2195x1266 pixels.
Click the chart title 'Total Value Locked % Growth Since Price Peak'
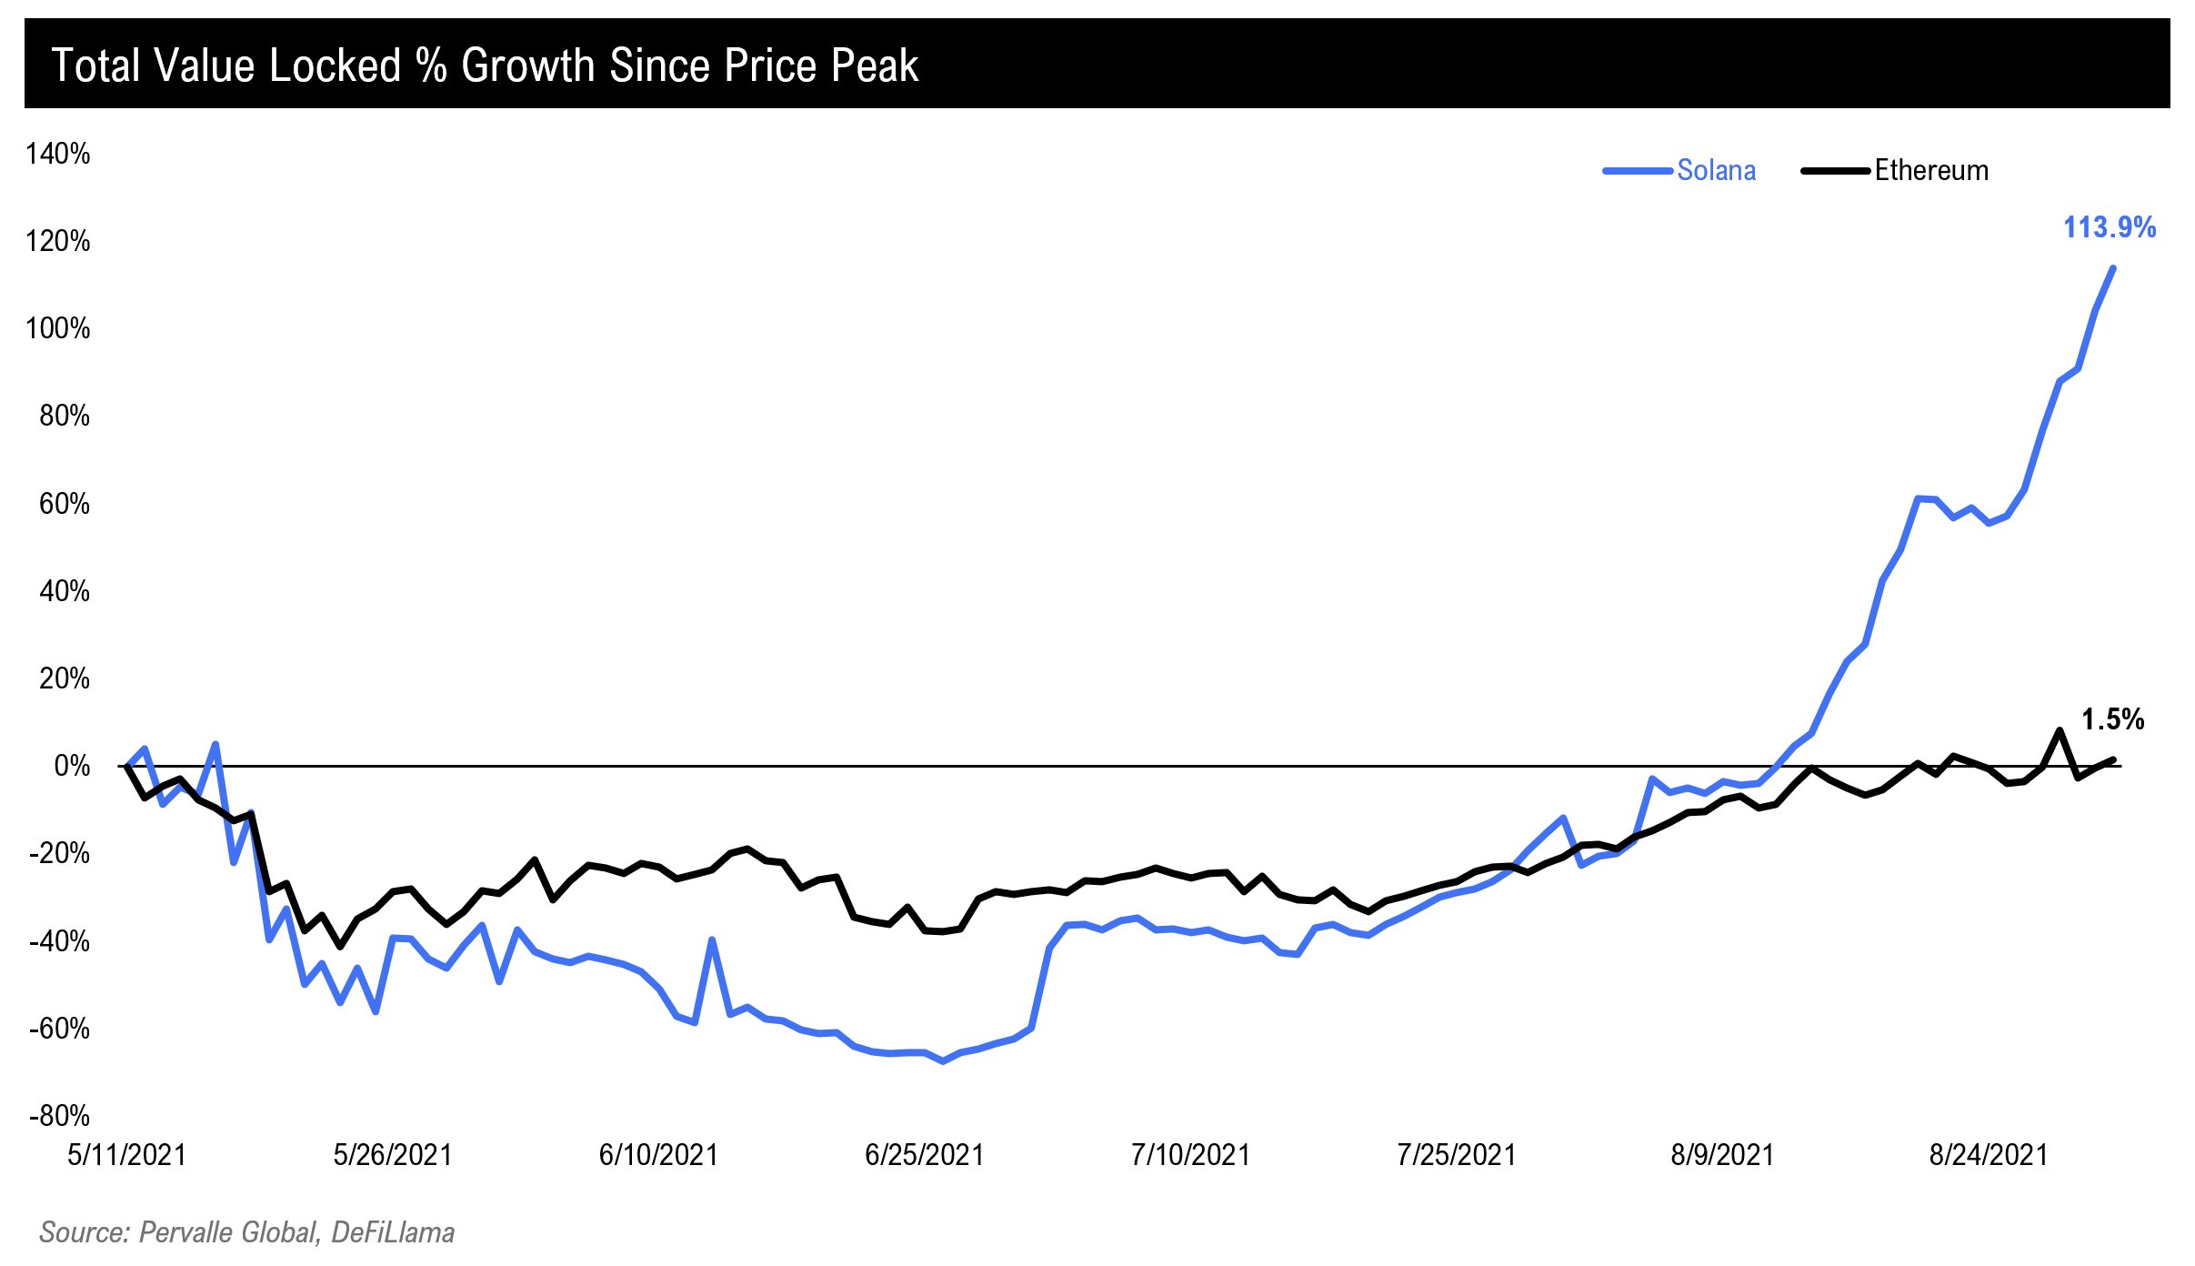pyautogui.click(x=485, y=65)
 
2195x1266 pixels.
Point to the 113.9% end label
pyautogui.click(x=2109, y=227)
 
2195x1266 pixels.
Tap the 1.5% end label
pyautogui.click(x=2112, y=719)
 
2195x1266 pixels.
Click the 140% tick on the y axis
pyautogui.click(x=58, y=154)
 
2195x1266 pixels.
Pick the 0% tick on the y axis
pyautogui.click(x=72, y=766)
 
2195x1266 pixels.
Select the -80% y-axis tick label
pyautogui.click(x=60, y=1116)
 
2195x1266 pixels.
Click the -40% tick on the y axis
pyautogui.click(x=60, y=941)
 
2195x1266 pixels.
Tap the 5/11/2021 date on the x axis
pyautogui.click(x=126, y=1155)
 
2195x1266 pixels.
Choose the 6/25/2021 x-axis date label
pyautogui.click(x=924, y=1155)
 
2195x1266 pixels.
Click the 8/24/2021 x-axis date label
pyautogui.click(x=1989, y=1155)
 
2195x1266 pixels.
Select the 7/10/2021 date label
pyautogui.click(x=1190, y=1155)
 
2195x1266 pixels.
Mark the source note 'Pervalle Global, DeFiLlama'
pyautogui.click(x=246, y=1232)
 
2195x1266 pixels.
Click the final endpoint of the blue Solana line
pyautogui.click(x=2112, y=268)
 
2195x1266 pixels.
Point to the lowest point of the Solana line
pyautogui.click(x=943, y=1060)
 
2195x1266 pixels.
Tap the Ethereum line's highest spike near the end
pyautogui.click(x=2060, y=730)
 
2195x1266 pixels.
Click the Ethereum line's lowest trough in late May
pyautogui.click(x=340, y=947)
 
